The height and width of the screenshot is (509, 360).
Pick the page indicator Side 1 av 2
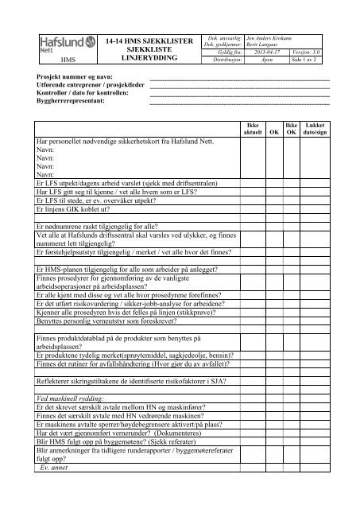pyautogui.click(x=313, y=60)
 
